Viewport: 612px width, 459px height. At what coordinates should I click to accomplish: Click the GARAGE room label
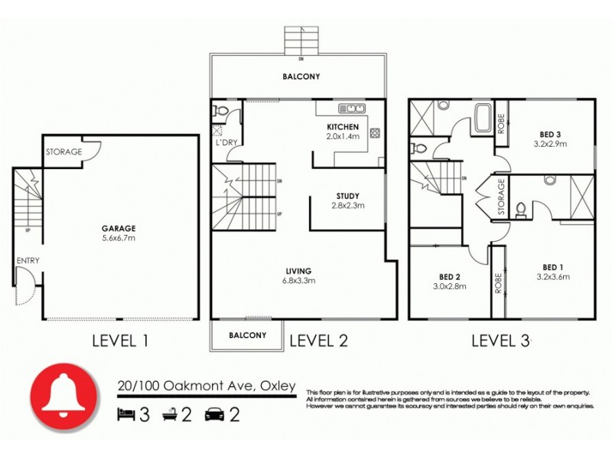pyautogui.click(x=118, y=227)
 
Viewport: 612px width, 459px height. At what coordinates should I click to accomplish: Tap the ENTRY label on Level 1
pyautogui.click(x=28, y=261)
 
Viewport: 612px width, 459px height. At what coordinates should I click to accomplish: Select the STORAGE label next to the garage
pyautogui.click(x=63, y=152)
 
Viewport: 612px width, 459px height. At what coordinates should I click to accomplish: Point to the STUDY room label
pyautogui.click(x=347, y=195)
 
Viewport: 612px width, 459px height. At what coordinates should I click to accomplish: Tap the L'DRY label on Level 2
pyautogui.click(x=225, y=143)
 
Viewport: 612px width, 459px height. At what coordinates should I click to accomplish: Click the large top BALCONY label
pyautogui.click(x=301, y=76)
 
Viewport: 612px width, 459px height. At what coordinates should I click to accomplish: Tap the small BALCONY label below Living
pyautogui.click(x=248, y=335)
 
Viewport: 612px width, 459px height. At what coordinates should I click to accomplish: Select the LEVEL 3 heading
pyautogui.click(x=500, y=341)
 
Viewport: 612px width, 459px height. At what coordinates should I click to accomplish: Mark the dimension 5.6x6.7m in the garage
pyautogui.click(x=118, y=237)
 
